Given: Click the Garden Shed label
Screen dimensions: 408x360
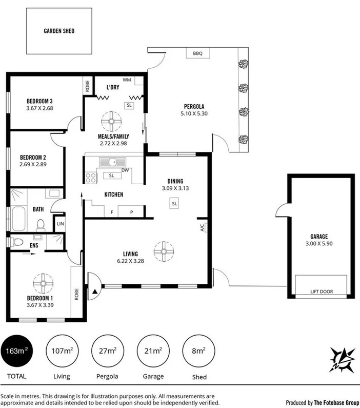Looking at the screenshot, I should [x=59, y=31].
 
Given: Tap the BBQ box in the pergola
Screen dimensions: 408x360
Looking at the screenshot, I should [x=198, y=53].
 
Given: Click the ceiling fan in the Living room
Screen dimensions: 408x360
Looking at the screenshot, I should [x=164, y=250].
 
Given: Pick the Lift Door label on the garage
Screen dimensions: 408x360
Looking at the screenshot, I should [x=322, y=292].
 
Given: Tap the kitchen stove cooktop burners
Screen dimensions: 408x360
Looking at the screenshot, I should [x=91, y=178].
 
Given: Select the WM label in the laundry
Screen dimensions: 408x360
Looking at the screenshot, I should [x=127, y=80].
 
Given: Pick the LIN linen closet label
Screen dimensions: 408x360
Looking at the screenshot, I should [x=60, y=224].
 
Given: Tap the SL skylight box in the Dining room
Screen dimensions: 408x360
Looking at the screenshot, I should [x=174, y=204].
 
